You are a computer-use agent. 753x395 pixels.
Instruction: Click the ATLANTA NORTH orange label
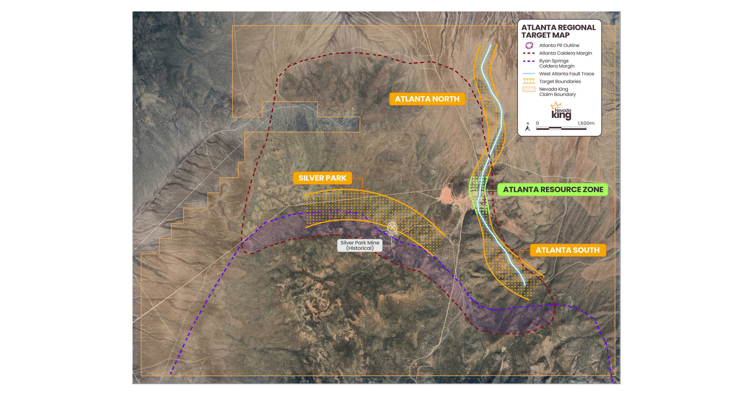[x=427, y=99]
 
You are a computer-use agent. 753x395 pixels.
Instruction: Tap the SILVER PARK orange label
[x=322, y=178]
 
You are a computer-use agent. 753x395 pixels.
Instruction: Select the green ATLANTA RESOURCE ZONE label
[x=553, y=190]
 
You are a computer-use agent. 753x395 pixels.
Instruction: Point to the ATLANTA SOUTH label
[x=567, y=250]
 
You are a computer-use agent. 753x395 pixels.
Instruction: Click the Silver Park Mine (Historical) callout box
[x=359, y=245]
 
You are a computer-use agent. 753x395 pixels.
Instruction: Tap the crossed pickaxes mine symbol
[x=392, y=227]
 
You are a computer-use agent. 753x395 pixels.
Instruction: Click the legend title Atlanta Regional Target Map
[x=558, y=31]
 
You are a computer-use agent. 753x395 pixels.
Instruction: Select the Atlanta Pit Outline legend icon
[x=529, y=45]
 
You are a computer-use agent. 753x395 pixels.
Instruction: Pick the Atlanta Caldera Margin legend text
[x=565, y=53]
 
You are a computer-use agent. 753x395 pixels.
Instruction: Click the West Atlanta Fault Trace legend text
[x=566, y=74]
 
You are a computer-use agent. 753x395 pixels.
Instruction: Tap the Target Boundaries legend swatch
[x=529, y=81]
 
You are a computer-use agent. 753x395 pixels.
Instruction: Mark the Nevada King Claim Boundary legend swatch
[x=529, y=89]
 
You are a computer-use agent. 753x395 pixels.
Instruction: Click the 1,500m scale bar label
[x=585, y=123]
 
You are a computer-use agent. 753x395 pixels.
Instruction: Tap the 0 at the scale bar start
[x=537, y=123]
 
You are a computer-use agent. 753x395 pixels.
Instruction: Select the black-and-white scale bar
[x=561, y=128]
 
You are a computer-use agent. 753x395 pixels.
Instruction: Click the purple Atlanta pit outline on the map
[x=482, y=201]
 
